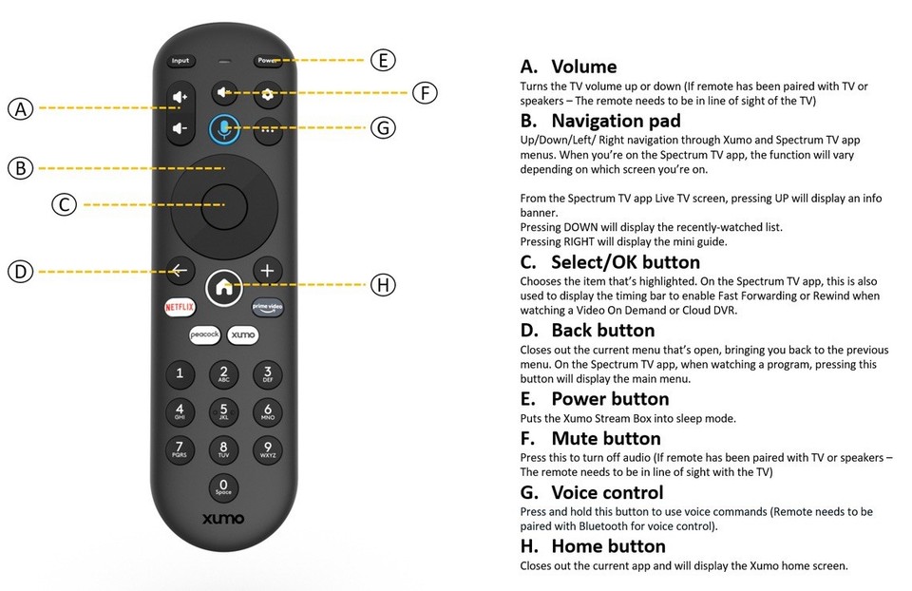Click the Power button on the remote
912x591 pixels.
[x=267, y=61]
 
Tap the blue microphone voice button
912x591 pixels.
[x=223, y=128]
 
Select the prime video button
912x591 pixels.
[x=267, y=307]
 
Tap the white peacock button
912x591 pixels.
[x=203, y=335]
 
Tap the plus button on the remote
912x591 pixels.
[x=267, y=271]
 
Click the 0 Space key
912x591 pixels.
[x=223, y=487]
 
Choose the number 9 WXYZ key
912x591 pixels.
[x=267, y=448]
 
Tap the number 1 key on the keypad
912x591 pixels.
[x=180, y=373]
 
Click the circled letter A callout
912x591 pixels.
[x=21, y=108]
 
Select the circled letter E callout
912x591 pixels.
[x=382, y=61]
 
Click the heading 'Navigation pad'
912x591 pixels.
[x=615, y=121]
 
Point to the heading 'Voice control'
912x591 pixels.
[x=606, y=492]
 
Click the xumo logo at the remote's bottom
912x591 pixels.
[x=223, y=519]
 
